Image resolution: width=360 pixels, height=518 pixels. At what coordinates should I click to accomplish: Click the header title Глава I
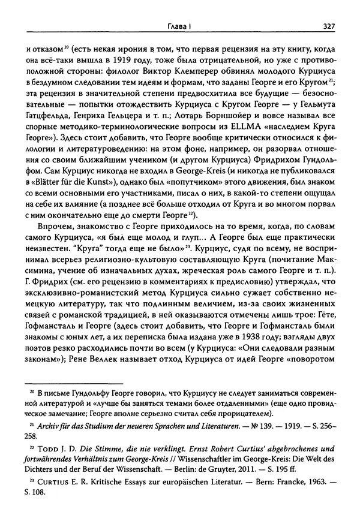point(179,26)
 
